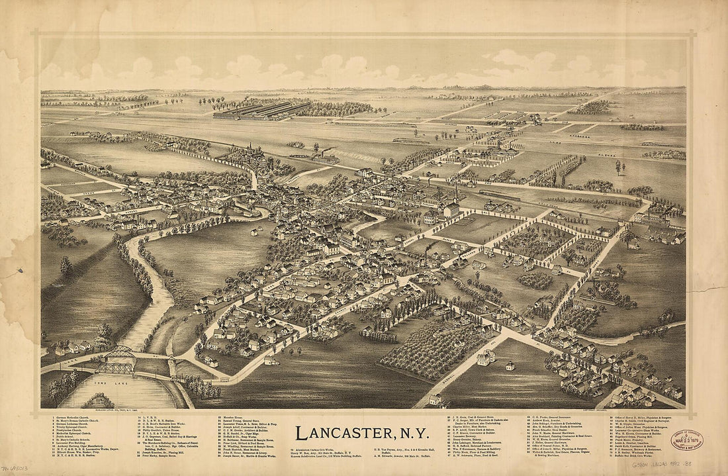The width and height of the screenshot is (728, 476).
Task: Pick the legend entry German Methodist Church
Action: [73, 418]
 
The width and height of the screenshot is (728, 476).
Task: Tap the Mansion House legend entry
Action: [232, 418]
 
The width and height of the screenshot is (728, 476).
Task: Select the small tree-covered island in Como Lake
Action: [98, 401]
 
